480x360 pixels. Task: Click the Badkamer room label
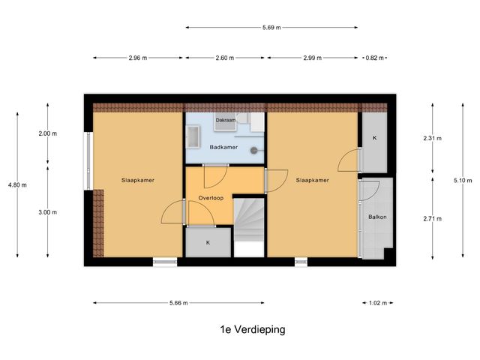[224, 147]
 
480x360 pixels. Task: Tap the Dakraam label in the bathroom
[226, 120]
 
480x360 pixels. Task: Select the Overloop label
[212, 198]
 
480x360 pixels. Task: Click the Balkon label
[377, 217]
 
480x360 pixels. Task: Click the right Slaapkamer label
[312, 181]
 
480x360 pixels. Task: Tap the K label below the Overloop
[208, 243]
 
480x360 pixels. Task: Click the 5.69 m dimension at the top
[271, 28]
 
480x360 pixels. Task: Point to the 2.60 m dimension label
[226, 58]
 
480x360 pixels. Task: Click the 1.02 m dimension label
[377, 303]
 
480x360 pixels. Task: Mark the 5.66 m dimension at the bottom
[178, 303]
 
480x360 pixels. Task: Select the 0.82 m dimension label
[374, 58]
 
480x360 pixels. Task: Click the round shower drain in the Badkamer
[255, 148]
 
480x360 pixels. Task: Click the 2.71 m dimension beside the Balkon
[433, 219]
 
